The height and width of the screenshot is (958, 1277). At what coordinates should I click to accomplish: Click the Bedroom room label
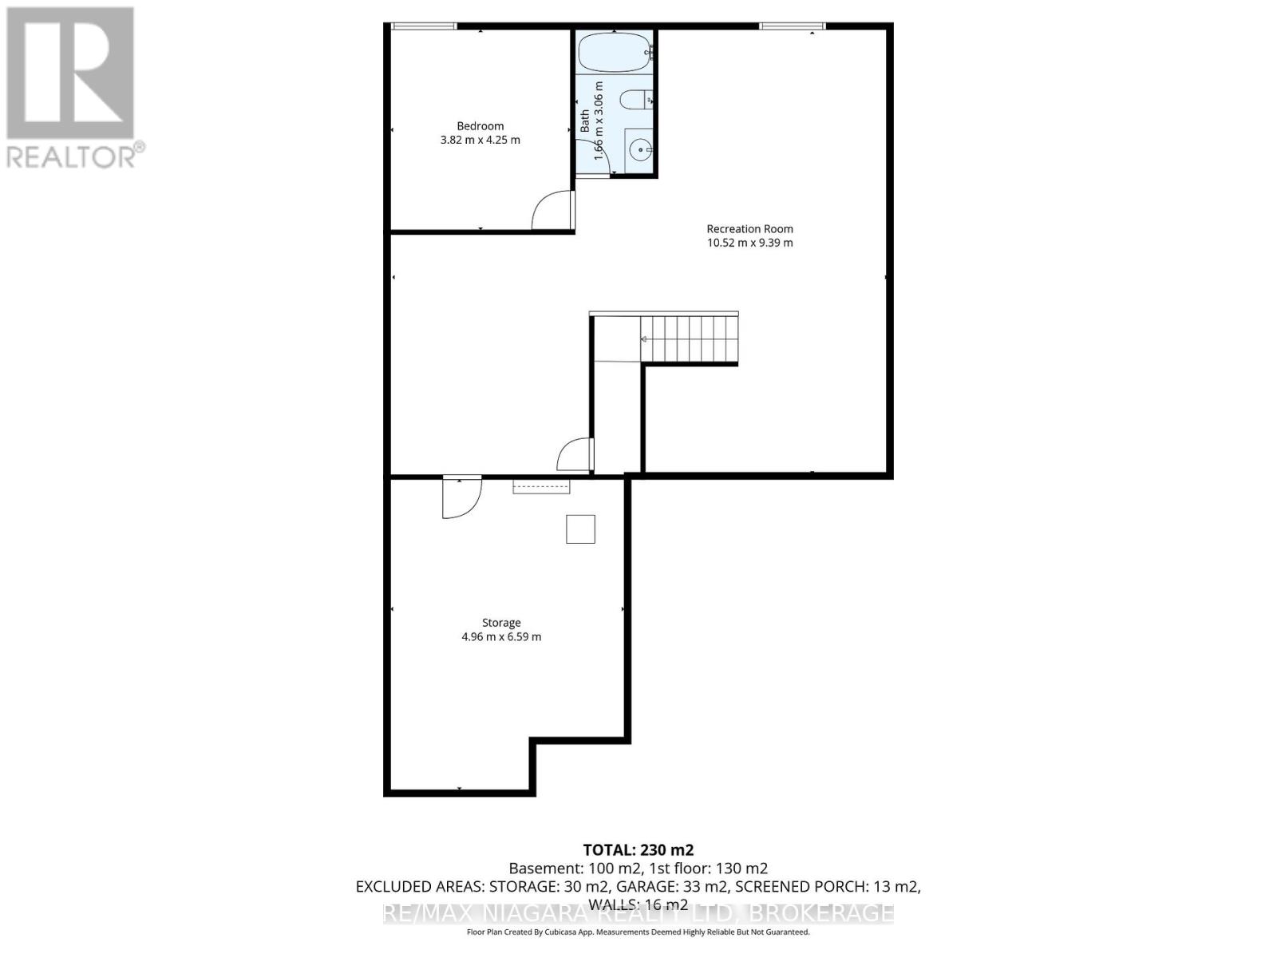tap(480, 125)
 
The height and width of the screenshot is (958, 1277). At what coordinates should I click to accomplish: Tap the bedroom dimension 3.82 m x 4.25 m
tap(480, 140)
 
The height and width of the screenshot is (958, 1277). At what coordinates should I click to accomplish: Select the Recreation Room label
tap(749, 228)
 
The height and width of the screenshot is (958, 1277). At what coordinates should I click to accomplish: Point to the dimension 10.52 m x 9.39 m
tap(749, 243)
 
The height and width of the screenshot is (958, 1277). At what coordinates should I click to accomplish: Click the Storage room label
tap(501, 623)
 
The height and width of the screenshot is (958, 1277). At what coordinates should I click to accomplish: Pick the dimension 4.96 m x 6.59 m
tap(501, 637)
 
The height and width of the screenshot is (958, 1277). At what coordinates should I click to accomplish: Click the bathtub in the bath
tap(614, 52)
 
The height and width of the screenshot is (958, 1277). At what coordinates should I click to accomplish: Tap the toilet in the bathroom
tap(636, 101)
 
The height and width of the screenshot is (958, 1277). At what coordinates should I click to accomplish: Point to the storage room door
tap(461, 498)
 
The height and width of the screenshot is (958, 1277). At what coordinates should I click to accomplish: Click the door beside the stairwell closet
tap(575, 455)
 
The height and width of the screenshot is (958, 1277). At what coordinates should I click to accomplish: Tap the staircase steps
tap(688, 339)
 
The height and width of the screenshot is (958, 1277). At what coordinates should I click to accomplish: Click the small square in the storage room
tap(580, 529)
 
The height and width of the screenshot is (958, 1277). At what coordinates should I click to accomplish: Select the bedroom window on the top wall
tap(424, 26)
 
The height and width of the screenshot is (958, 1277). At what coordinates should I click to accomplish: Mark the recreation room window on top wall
tap(792, 26)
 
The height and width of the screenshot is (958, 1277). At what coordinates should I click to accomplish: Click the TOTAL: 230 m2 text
tap(638, 850)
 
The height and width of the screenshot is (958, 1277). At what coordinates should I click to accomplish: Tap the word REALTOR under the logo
tap(72, 156)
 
